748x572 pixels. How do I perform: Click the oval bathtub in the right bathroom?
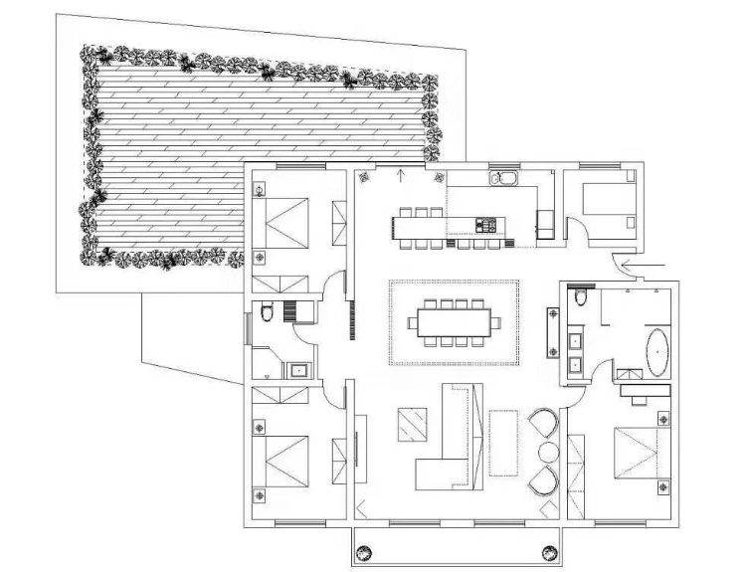pyautogui.click(x=658, y=354)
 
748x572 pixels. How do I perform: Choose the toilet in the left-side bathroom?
pyautogui.click(x=266, y=314)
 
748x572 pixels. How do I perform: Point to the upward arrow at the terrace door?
pyautogui.click(x=400, y=177)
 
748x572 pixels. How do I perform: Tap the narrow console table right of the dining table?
pyautogui.click(x=552, y=334)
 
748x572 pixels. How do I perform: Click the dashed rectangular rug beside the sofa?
pyautogui.click(x=504, y=441)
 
